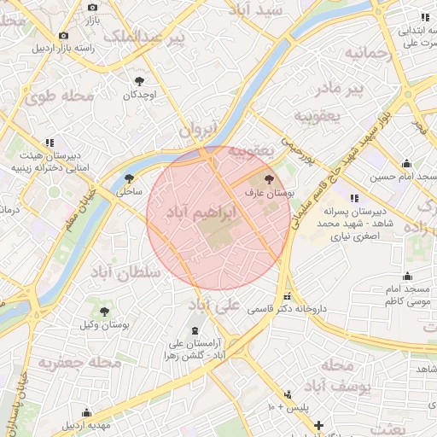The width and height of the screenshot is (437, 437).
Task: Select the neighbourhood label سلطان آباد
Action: coord(125,273)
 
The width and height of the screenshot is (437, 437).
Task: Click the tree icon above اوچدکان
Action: coord(139,81)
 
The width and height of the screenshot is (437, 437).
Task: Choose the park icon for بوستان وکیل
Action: coord(104,312)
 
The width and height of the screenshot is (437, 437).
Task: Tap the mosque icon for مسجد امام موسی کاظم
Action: coord(406,276)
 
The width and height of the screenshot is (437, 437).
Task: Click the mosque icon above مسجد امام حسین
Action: coord(406,163)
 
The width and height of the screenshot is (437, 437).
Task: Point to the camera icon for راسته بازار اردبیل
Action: coord(63,35)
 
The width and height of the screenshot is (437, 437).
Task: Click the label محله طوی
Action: coord(59,96)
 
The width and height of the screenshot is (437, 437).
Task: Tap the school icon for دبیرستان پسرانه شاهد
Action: coord(354,198)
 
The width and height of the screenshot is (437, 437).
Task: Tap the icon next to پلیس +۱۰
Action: coord(288,394)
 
